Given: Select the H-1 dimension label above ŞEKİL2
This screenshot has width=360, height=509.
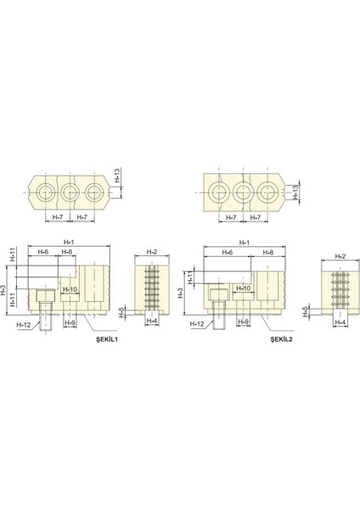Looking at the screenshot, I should click(x=245, y=243).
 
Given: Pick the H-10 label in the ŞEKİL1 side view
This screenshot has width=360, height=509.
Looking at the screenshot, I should click(x=70, y=289).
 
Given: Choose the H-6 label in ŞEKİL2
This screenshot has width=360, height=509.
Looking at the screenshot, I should click(x=227, y=253).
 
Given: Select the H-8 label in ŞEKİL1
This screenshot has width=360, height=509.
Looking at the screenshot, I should click(x=68, y=253).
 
